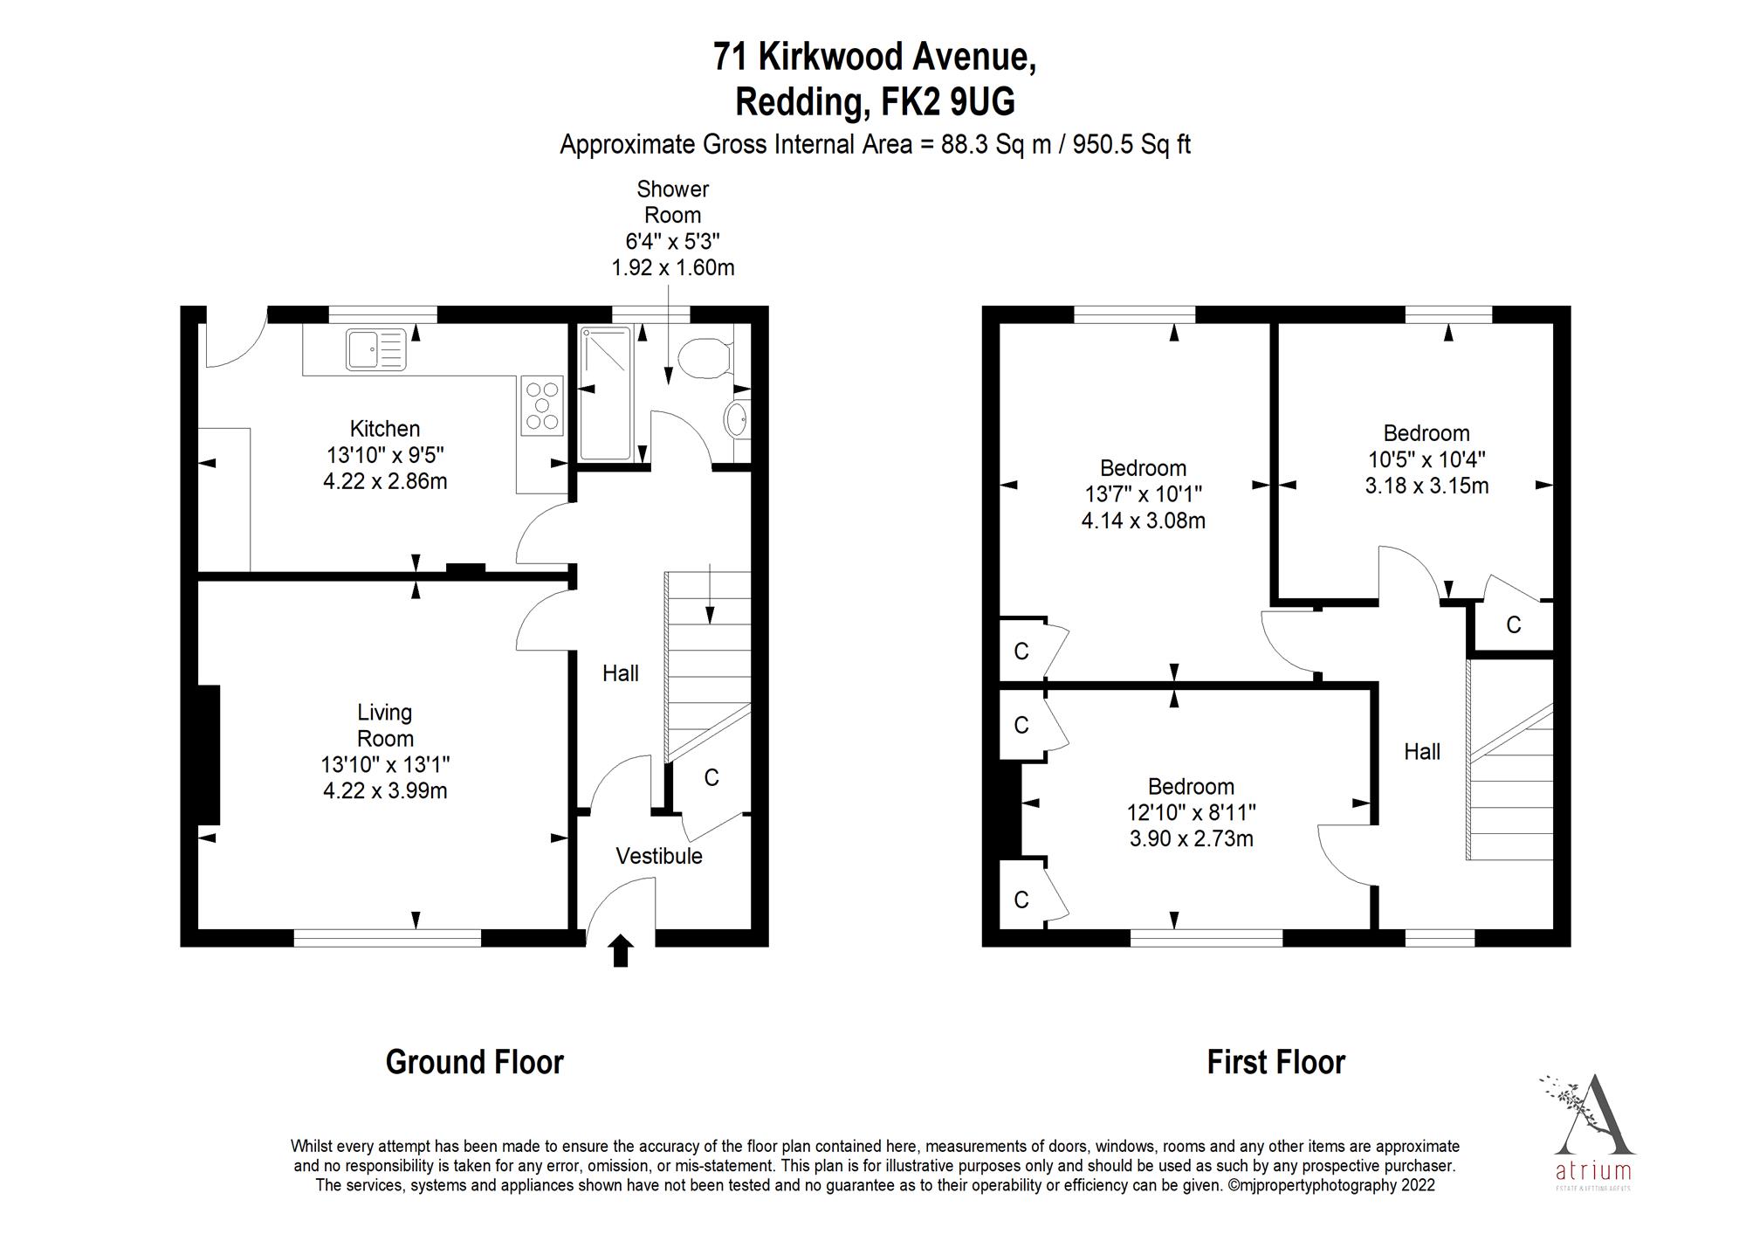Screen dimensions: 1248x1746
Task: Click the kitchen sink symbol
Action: [375, 349]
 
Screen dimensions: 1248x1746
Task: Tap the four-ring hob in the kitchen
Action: [542, 405]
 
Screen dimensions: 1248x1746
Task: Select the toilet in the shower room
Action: [704, 359]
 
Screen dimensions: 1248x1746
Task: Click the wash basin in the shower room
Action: [737, 420]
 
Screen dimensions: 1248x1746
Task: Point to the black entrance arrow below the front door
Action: [621, 950]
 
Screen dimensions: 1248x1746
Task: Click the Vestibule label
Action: [659, 856]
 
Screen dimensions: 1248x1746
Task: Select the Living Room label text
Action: [385, 725]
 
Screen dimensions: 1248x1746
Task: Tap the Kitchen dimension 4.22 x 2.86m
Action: [385, 481]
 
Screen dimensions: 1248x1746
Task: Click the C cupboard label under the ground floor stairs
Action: [711, 777]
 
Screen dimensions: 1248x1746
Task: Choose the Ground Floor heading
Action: [475, 1062]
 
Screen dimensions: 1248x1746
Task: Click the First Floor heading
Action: [1275, 1062]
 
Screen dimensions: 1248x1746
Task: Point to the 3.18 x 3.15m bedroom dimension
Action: [1426, 486]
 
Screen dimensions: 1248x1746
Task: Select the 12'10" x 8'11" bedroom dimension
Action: [1191, 812]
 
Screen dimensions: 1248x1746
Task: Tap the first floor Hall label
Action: [1422, 751]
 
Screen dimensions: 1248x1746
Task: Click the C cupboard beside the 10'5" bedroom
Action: [1514, 624]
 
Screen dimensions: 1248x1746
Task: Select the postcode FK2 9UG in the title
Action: [948, 102]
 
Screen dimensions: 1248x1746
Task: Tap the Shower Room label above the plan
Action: [672, 202]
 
